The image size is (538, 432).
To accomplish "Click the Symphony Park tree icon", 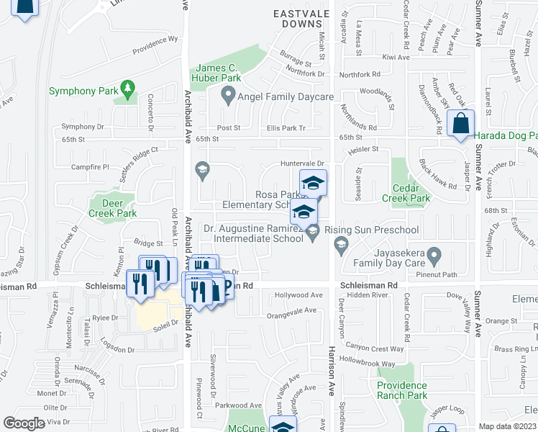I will (128, 89).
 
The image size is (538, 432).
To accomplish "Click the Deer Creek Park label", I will (112, 208).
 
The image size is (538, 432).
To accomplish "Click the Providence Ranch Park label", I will (403, 390).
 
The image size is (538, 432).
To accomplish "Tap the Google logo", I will (24, 423).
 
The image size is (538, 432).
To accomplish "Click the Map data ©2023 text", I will (508, 426).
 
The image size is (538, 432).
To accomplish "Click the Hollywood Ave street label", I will (299, 295).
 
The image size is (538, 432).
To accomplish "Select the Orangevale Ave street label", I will (291, 310).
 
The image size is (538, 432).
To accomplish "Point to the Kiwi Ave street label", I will (396, 56).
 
